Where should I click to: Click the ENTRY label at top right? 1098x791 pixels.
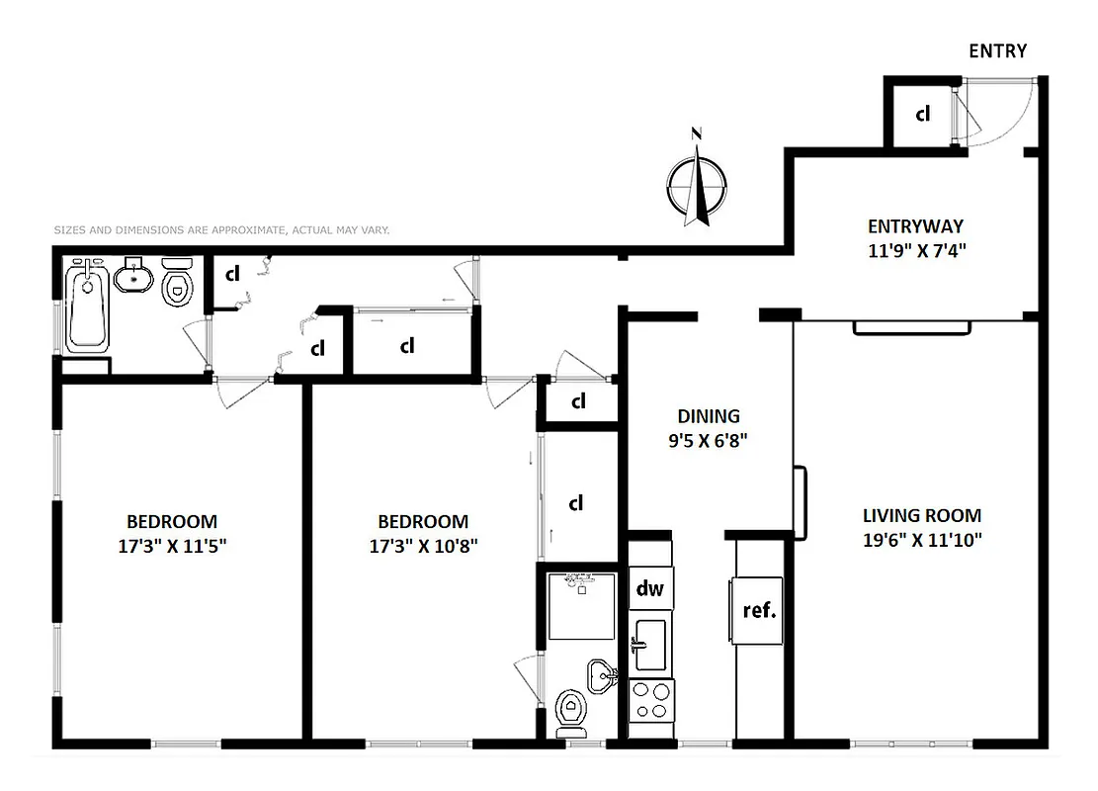997,51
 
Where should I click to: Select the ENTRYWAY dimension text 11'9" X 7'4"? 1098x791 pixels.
914,250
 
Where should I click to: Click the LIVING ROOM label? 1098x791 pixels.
921,515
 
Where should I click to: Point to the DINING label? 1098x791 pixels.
708,416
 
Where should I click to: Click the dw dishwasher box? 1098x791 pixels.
649,589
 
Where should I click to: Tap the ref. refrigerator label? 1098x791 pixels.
759,609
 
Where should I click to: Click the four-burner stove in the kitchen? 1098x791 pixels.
649,700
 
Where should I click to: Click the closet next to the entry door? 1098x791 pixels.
922,114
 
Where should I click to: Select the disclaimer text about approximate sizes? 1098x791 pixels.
221,229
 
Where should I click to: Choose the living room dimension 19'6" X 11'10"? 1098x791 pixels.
921,540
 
